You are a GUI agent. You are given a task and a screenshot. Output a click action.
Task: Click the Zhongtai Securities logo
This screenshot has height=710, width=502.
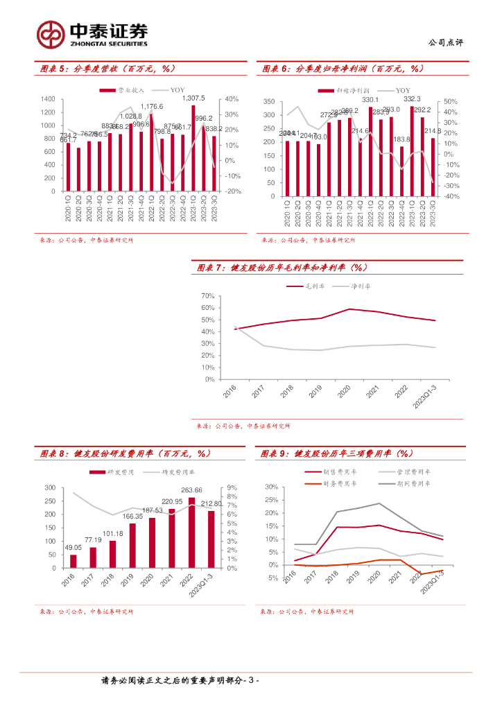click(x=92, y=34)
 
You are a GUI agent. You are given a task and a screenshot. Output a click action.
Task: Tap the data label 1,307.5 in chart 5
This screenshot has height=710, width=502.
click(x=193, y=98)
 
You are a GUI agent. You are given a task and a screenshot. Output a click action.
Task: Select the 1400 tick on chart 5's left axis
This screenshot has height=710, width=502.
click(x=48, y=99)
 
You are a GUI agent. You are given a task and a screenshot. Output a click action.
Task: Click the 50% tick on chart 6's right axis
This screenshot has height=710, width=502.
click(x=450, y=102)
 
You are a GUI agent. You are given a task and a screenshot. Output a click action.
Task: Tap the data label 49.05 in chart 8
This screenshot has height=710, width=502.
click(x=73, y=547)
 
